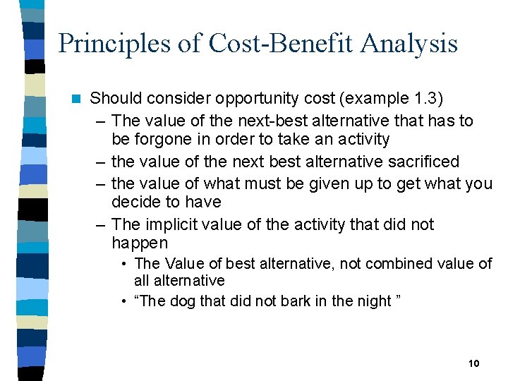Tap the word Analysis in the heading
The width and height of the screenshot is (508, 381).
tap(409, 44)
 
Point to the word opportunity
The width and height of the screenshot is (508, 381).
tap(238, 98)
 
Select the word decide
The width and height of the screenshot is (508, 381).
tap(135, 202)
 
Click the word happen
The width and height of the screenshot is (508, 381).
tap(140, 243)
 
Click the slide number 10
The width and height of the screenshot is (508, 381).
tap(473, 363)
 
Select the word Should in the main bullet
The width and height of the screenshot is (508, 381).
tap(116, 98)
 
